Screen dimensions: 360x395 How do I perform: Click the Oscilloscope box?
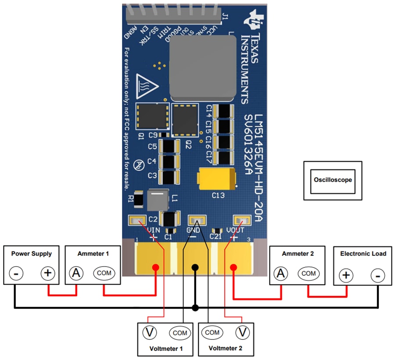click(x=333, y=180)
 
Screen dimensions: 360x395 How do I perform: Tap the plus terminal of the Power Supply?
click(x=47, y=274)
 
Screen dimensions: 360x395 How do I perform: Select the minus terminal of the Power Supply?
click(x=16, y=274)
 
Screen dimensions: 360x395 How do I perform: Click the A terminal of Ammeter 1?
click(x=76, y=273)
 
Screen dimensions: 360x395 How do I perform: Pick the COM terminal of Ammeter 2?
click(x=309, y=273)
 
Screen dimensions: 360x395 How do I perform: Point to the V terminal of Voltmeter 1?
click(x=150, y=333)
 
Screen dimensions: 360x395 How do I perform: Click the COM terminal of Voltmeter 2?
click(x=212, y=332)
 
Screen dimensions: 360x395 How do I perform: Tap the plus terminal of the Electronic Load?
click(x=346, y=275)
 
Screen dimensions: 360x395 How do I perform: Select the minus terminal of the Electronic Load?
click(x=377, y=275)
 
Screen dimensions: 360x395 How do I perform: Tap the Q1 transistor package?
click(x=152, y=118)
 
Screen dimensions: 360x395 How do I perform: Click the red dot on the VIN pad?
click(x=155, y=267)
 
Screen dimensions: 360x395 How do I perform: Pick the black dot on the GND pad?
click(x=195, y=267)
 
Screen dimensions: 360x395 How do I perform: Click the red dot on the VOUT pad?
click(x=233, y=267)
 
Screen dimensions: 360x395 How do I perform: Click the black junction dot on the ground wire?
click(x=195, y=308)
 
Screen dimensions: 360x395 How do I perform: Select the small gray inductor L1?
click(x=158, y=200)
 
